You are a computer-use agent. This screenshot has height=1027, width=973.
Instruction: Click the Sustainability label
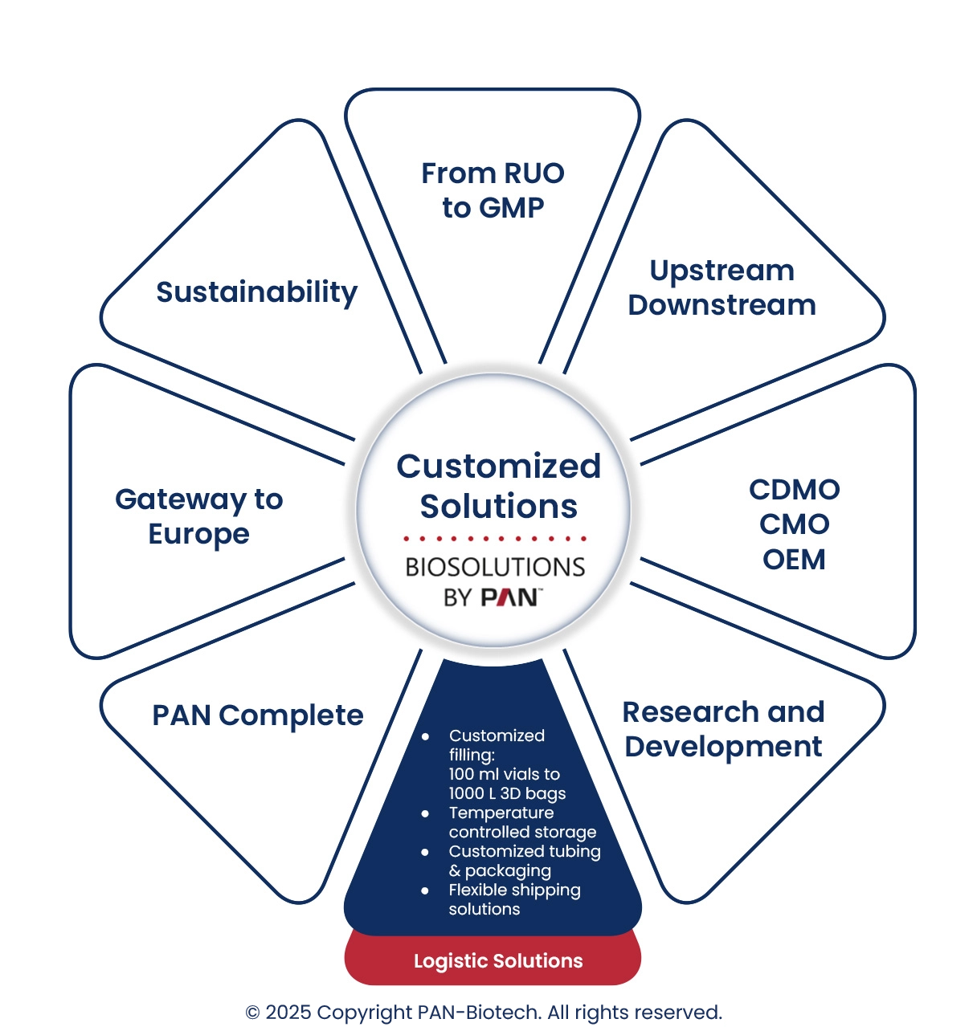[256, 292]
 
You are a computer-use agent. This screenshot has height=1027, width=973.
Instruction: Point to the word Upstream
[722, 271]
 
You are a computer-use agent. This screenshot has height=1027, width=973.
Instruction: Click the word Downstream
[722, 305]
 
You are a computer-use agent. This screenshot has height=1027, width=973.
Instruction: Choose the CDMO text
[794, 490]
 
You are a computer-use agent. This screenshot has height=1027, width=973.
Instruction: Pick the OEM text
[794, 559]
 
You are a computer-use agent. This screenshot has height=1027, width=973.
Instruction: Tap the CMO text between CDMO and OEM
[794, 524]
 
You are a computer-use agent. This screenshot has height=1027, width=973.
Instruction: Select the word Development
[723, 747]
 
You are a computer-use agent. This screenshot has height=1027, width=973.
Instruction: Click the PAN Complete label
[257, 715]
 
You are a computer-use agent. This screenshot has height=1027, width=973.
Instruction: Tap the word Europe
[198, 534]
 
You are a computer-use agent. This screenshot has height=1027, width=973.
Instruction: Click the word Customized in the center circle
[498, 467]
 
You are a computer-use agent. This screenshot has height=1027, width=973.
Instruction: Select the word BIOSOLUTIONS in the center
[495, 567]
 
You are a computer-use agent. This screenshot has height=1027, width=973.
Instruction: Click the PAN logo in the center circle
[510, 597]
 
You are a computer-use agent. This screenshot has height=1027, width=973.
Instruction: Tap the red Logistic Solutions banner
[498, 961]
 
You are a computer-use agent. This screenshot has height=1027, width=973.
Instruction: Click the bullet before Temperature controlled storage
[425, 813]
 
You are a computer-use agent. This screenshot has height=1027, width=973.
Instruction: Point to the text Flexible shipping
[514, 890]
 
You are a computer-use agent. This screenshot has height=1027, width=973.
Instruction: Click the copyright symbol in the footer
[252, 1013]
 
